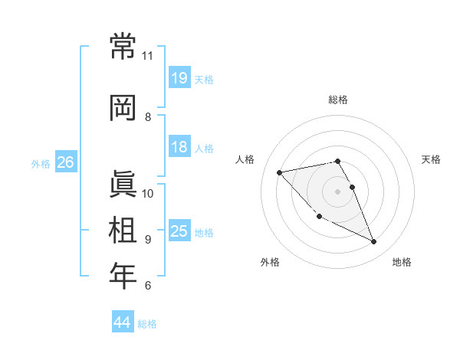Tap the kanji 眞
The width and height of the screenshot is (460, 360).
click(x=123, y=184)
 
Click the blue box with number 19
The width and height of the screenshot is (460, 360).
click(x=179, y=77)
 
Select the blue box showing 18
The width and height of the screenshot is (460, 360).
click(x=179, y=147)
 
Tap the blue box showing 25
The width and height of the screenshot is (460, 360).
click(x=179, y=231)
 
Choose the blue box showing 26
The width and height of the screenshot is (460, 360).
click(x=65, y=162)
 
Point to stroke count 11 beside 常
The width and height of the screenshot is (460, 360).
click(x=148, y=56)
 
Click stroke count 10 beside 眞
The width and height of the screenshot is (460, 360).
click(x=148, y=193)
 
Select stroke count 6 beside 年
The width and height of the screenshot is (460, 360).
click(x=148, y=286)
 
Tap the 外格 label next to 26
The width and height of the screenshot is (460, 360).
click(x=41, y=163)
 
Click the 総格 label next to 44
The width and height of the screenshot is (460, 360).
click(x=147, y=324)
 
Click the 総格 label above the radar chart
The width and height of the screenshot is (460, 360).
click(x=338, y=100)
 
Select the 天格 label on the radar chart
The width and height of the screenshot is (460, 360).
click(x=432, y=159)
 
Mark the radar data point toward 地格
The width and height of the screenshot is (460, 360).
click(x=374, y=242)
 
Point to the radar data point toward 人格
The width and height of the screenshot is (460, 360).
click(x=279, y=172)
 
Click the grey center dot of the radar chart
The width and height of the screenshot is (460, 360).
click(x=338, y=191)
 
